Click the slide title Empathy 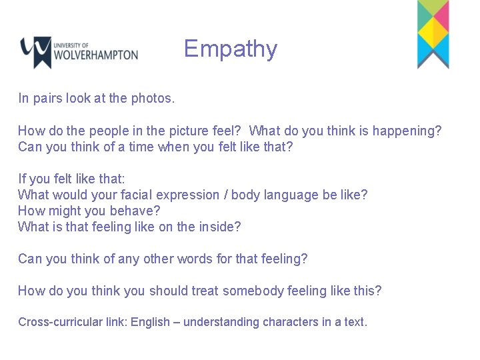click(x=230, y=49)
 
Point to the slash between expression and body click(x=227, y=195)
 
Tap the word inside click(x=219, y=227)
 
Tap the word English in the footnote click(x=150, y=322)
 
